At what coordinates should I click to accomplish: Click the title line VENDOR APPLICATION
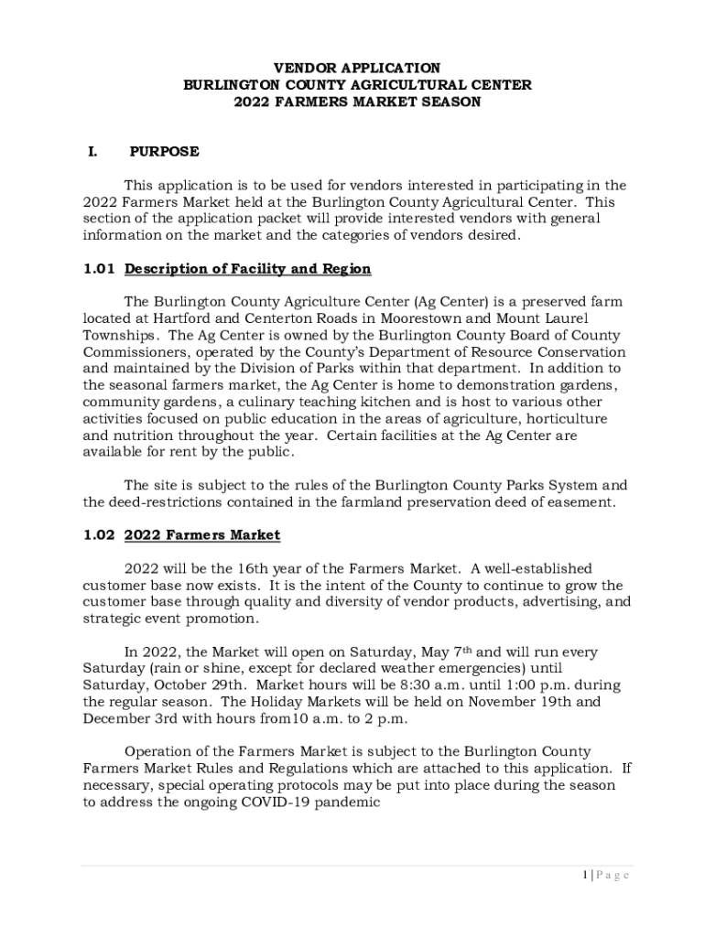click(357, 69)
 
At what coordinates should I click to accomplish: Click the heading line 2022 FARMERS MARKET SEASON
click(357, 102)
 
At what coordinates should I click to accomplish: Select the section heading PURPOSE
click(164, 152)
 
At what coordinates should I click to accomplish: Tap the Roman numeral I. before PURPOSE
click(92, 152)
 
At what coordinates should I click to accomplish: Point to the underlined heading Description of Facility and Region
click(247, 269)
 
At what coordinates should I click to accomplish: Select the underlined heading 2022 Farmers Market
click(201, 534)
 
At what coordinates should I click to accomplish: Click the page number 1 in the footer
click(584, 876)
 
